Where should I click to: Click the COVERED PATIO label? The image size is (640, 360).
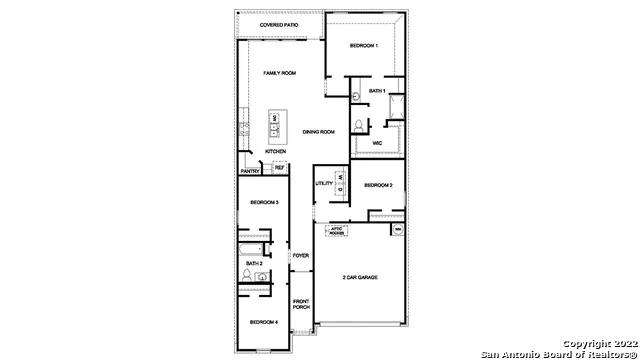[x=279, y=24]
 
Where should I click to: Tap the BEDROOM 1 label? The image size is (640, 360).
[x=364, y=47]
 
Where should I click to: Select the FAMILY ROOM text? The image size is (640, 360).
[x=280, y=74]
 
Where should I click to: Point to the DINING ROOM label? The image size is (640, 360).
[x=318, y=132]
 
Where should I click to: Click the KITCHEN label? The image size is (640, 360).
[x=276, y=152]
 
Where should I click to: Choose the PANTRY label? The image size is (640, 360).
[x=250, y=171]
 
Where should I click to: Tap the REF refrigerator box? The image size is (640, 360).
[x=279, y=168]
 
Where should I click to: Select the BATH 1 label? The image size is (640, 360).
[x=376, y=91]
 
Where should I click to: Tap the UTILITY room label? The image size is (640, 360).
[x=323, y=183]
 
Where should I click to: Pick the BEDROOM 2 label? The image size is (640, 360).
[x=377, y=185]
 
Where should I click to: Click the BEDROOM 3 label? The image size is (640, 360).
[x=263, y=203]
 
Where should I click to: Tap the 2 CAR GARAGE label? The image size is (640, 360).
[x=359, y=277]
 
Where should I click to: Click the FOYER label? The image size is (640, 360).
[x=300, y=256]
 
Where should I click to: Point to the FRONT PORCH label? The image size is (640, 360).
[x=300, y=304]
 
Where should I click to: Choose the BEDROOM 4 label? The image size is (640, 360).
[x=263, y=322]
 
